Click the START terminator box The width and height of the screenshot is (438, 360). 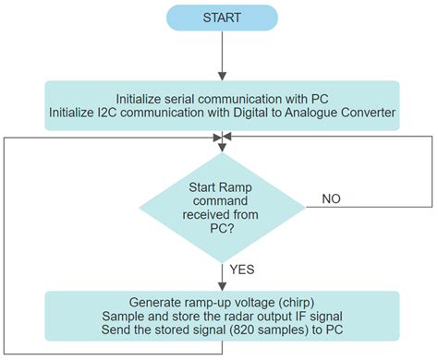click(x=222, y=18)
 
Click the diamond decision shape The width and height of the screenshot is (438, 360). click(x=222, y=203)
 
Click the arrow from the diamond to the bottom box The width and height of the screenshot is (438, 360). click(x=222, y=275)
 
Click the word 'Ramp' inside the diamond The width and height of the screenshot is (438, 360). click(x=240, y=186)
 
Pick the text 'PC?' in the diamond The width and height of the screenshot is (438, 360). click(x=222, y=230)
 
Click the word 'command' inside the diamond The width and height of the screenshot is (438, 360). click(x=222, y=200)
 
